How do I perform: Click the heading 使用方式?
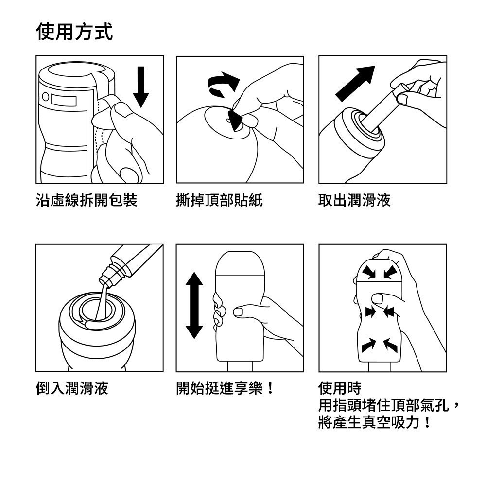pos(74,31)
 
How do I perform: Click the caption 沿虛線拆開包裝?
pos(87,200)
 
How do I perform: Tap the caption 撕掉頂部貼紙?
pos(220,200)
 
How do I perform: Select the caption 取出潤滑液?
pos(354,200)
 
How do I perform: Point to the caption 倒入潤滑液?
pos(72,388)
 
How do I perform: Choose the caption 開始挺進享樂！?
pos(225,388)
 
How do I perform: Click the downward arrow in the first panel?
pos(141,87)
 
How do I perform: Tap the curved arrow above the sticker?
pos(223,84)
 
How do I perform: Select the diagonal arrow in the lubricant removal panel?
pos(355,84)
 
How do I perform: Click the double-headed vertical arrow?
pos(194,305)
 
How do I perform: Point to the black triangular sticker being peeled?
pos(234,120)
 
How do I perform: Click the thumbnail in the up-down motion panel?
pos(238,312)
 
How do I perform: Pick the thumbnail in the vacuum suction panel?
pos(377,299)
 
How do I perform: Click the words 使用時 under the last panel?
pos(340,388)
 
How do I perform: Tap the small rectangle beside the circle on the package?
pos(64,101)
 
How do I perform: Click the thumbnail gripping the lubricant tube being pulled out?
pos(402,99)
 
